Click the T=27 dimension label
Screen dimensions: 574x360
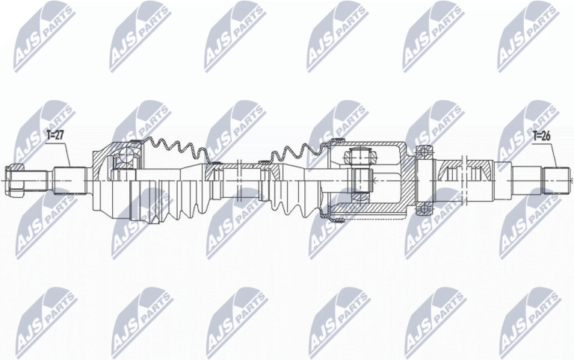click(55, 135)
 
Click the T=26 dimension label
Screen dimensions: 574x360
click(542, 136)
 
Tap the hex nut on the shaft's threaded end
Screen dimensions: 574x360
click(14, 180)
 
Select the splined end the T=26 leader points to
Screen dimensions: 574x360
click(557, 180)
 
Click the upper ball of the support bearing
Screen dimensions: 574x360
click(424, 151)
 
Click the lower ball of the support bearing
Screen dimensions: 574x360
click(424, 209)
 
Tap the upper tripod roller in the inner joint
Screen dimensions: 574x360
click(359, 157)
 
